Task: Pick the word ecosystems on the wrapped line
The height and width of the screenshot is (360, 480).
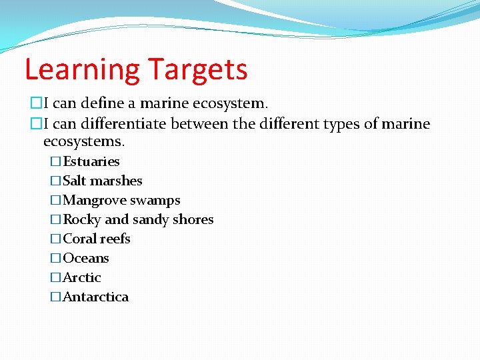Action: (83, 142)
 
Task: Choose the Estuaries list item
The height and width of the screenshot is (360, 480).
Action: (91, 161)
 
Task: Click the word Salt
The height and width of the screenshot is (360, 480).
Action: (75, 181)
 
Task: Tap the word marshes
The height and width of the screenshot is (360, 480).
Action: (116, 181)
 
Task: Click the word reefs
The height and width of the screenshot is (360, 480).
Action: (115, 239)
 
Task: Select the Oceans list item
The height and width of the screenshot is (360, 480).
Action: (86, 258)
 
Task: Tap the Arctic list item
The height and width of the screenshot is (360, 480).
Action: (82, 277)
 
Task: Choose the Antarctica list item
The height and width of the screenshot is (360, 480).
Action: (95, 297)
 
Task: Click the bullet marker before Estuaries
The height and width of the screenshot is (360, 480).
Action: (55, 161)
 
